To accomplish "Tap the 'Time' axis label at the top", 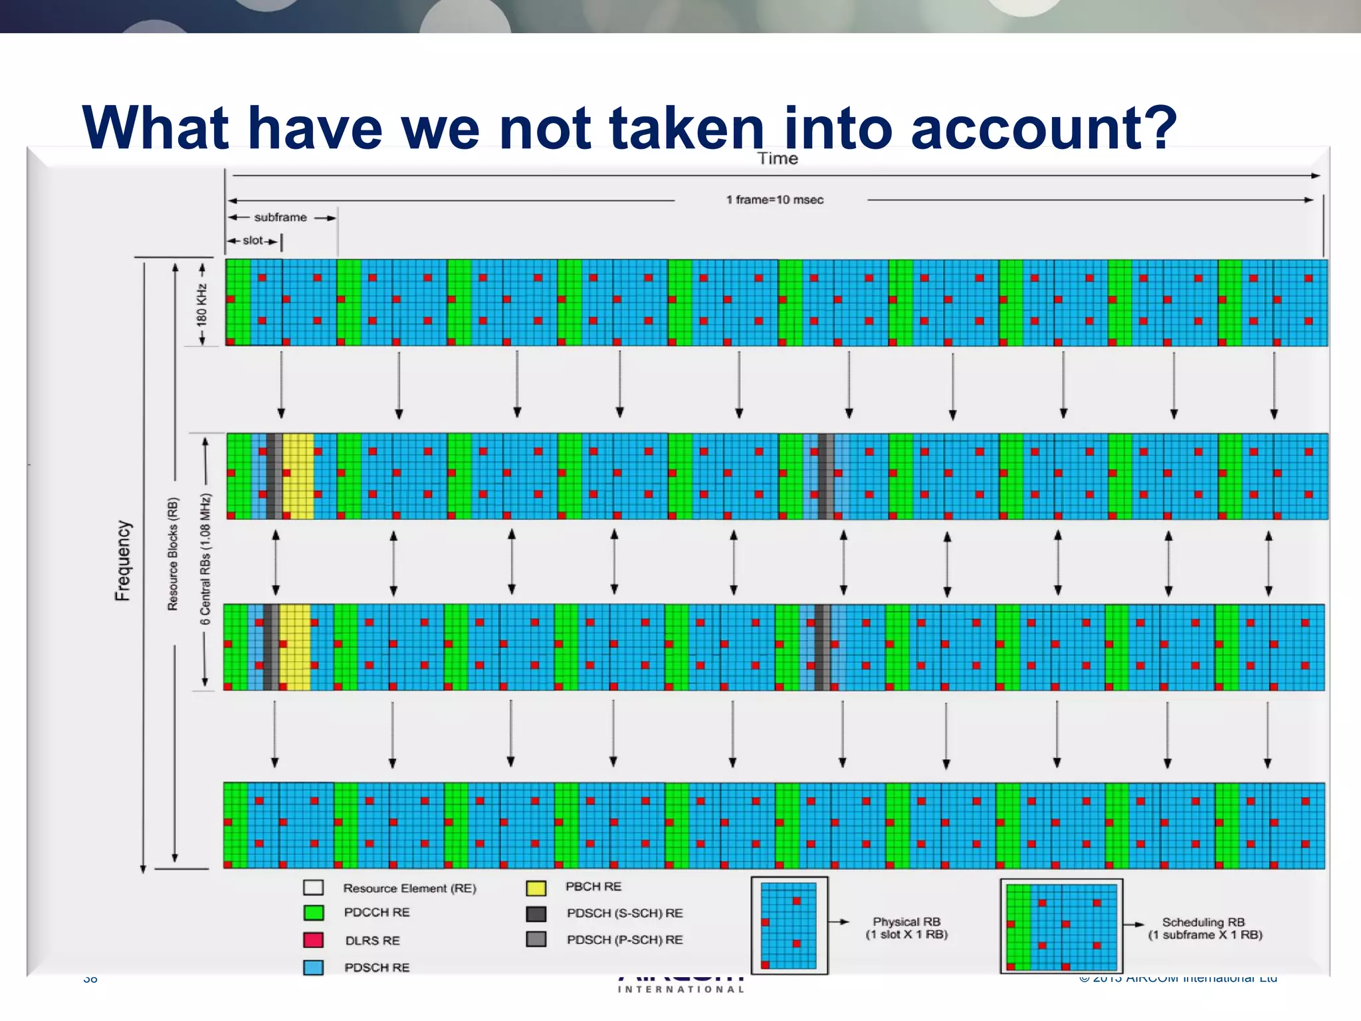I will (778, 159).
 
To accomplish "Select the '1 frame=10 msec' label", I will (774, 199).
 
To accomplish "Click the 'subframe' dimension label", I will (280, 217).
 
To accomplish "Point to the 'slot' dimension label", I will (253, 241).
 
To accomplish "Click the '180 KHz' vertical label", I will (201, 304).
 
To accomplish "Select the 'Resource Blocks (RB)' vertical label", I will (173, 554).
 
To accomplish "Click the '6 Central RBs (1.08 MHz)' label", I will (205, 558).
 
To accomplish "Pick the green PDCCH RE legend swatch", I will (314, 913).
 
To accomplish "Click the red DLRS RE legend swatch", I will (314, 940).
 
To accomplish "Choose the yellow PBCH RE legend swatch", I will (536, 887).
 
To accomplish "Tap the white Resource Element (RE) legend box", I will (314, 887).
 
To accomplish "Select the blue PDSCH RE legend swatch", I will (314, 967).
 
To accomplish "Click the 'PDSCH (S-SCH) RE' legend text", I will (625, 913).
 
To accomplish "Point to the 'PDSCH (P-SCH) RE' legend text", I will (625, 940).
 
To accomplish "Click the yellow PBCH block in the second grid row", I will (298, 476).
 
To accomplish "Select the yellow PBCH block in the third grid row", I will (295, 647).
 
